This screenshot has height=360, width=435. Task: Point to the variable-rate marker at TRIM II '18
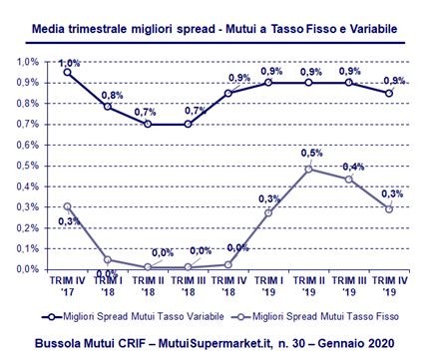pyautogui.click(x=147, y=124)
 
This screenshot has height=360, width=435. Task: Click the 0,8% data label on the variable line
pyautogui.click(x=113, y=96)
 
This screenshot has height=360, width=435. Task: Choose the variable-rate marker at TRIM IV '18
pyautogui.click(x=229, y=93)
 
